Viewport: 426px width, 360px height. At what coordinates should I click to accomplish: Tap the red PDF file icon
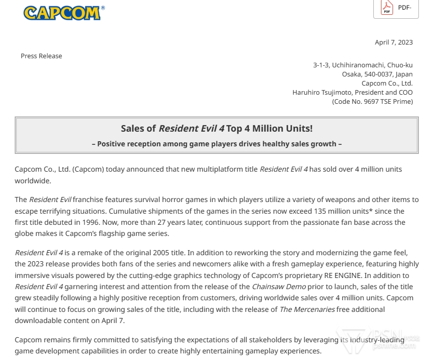point(387,8)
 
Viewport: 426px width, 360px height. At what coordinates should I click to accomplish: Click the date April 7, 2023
point(394,42)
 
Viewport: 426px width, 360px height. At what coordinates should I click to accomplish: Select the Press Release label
point(41,56)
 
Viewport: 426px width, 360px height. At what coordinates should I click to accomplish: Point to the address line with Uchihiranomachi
point(363,65)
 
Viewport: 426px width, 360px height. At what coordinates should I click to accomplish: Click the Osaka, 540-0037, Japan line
point(377,74)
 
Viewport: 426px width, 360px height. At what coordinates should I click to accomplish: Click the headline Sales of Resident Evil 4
point(216,129)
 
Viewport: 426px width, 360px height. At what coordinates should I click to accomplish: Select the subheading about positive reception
point(216,144)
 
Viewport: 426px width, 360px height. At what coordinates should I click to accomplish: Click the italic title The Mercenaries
point(307,309)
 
